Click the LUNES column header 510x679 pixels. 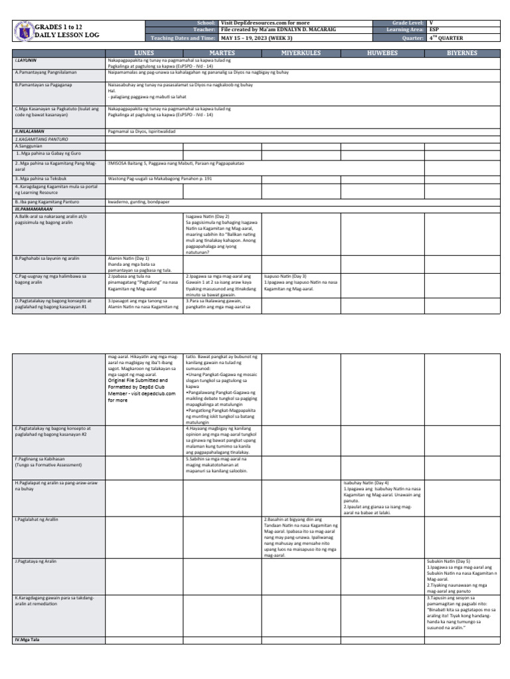tap(145, 52)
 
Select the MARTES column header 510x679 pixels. tap(223, 52)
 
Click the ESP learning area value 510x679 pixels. tap(434, 30)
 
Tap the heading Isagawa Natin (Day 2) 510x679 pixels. tap(207, 216)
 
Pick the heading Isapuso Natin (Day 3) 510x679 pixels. tap(285, 275)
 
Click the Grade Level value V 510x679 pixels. tap(432, 23)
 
